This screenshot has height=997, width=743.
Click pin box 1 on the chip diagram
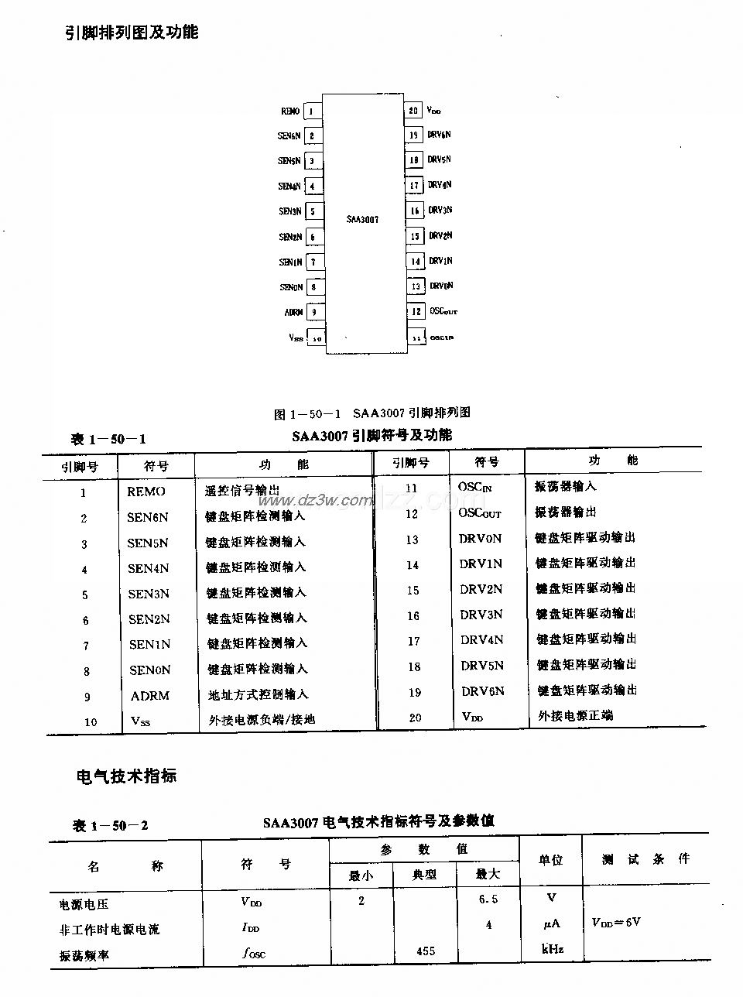click(312, 111)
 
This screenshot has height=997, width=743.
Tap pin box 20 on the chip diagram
click(415, 111)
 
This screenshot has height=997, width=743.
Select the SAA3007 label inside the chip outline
click(362, 220)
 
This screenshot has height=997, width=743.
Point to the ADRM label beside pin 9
click(293, 313)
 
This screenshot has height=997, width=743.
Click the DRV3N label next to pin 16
click(440, 210)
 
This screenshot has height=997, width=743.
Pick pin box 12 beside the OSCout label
click(416, 311)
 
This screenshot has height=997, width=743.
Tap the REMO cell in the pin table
click(146, 492)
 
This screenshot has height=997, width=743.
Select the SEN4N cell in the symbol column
click(148, 568)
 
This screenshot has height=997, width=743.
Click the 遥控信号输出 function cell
click(242, 490)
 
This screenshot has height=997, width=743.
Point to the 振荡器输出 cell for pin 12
click(566, 512)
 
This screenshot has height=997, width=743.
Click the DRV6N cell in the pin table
click(483, 690)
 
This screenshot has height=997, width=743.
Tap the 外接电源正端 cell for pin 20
click(575, 715)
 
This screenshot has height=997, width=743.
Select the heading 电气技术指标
click(126, 776)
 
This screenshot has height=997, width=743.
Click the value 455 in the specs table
click(426, 951)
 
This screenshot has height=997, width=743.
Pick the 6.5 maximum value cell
click(488, 899)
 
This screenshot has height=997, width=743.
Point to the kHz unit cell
click(552, 949)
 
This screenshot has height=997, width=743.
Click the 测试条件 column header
click(645, 859)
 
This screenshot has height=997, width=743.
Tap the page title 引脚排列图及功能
click(131, 33)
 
